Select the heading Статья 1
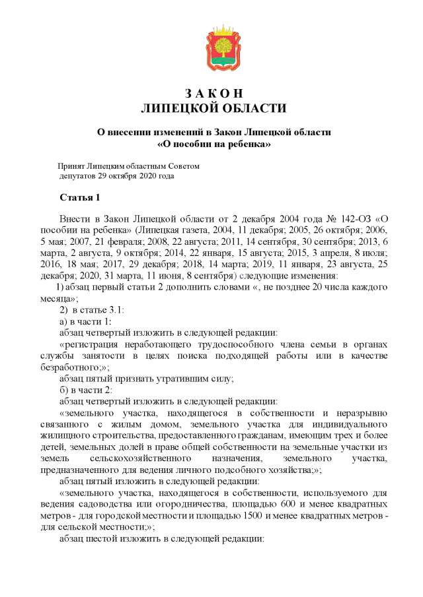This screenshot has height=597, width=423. (x=80, y=198)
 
